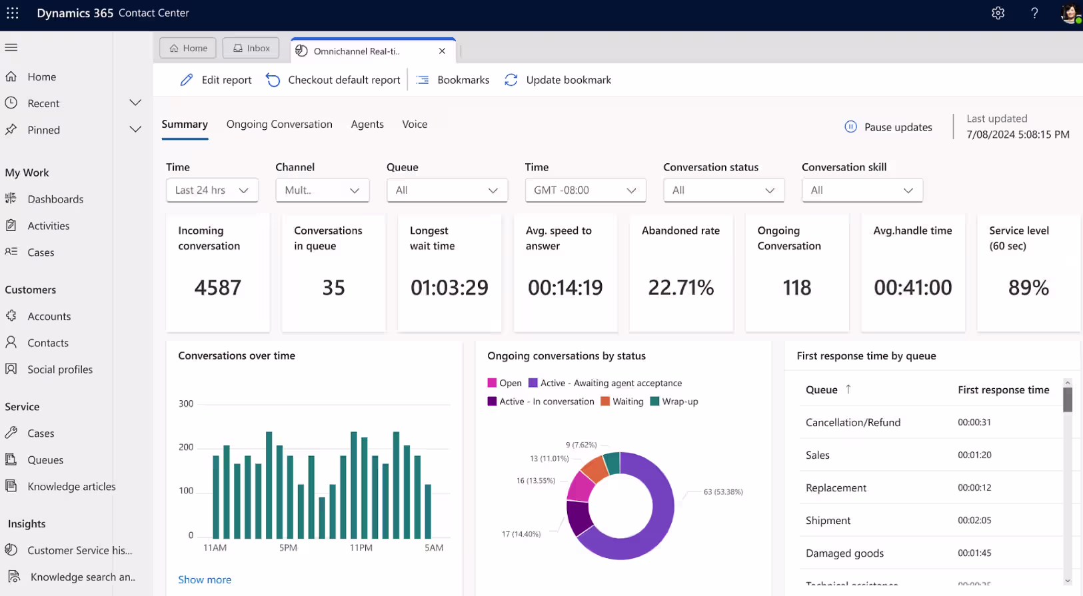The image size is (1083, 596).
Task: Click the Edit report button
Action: [x=216, y=80]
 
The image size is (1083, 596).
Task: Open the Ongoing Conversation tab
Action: [x=279, y=125]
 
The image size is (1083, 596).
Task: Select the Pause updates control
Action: [x=888, y=127]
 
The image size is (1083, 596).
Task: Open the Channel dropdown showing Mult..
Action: [x=322, y=190]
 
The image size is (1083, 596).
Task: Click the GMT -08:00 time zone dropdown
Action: [x=585, y=190]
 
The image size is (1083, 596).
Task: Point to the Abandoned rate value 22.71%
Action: [x=680, y=288]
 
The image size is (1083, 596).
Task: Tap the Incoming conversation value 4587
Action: [x=217, y=288]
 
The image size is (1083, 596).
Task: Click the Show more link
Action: [x=205, y=580]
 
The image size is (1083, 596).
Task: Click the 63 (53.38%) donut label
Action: [x=723, y=492]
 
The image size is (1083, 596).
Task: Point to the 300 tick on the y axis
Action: [x=186, y=404]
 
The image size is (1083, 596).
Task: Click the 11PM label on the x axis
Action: [x=361, y=548]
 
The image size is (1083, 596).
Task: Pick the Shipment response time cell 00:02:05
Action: [x=974, y=521]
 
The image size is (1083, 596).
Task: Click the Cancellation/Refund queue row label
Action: [x=852, y=423]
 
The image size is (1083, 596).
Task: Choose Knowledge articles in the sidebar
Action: [x=71, y=487]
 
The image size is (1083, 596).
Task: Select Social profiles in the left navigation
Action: [x=60, y=370]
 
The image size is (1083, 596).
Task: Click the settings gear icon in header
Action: [x=998, y=13]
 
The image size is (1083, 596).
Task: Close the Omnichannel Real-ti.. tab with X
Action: [x=442, y=51]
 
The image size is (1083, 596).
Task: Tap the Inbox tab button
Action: [x=251, y=49]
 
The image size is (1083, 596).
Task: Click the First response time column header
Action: [x=1003, y=390]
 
